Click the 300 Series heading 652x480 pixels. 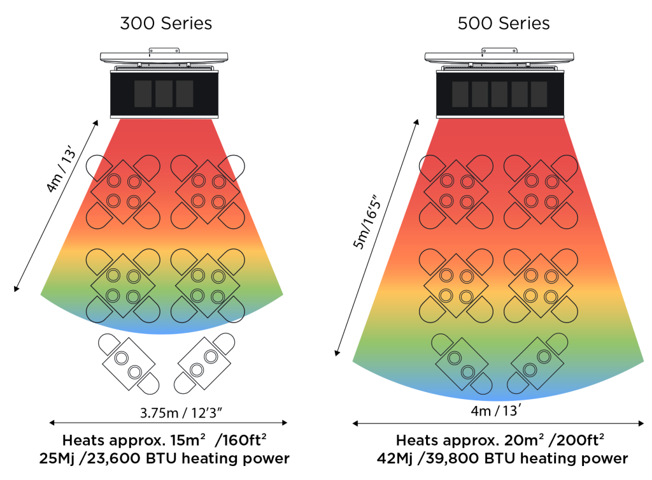tap(166, 24)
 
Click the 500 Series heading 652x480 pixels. tap(503, 24)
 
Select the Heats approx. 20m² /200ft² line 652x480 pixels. tap(500, 440)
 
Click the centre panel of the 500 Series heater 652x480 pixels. tap(499, 94)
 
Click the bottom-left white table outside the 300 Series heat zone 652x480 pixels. tap(127, 362)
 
